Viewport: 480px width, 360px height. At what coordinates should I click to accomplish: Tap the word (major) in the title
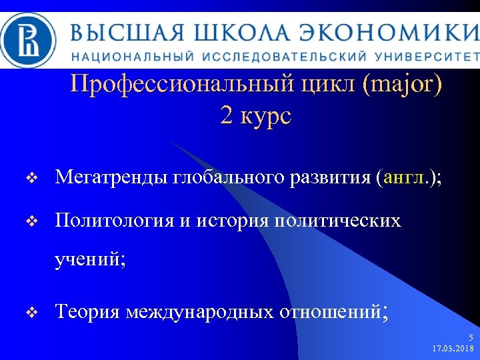tap(399, 85)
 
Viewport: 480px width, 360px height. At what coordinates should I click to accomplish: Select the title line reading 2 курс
tap(255, 116)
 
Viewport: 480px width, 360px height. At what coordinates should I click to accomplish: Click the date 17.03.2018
tap(453, 349)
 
